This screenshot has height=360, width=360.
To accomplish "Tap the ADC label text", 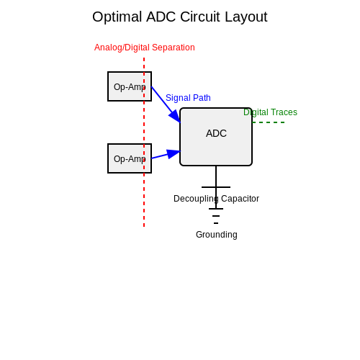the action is pyautogui.click(x=216, y=133).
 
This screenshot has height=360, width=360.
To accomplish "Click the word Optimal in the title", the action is pyautogui.click(x=117, y=17).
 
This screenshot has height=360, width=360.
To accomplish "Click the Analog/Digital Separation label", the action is pyautogui.click(x=145, y=48).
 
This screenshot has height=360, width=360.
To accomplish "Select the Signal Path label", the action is pyautogui.click(x=188, y=98).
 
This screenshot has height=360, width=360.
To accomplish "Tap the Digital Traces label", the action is pyautogui.click(x=270, y=112).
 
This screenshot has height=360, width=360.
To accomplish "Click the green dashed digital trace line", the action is pyautogui.click(x=269, y=122).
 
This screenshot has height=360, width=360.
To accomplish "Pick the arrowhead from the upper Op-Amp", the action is pyautogui.click(x=175, y=117).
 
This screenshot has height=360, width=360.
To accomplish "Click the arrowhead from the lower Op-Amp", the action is pyautogui.click(x=174, y=153).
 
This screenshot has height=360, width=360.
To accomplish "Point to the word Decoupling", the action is pyautogui.click(x=196, y=199).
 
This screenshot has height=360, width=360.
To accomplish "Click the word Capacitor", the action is pyautogui.click(x=240, y=199).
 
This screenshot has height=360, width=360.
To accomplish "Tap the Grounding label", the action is pyautogui.click(x=217, y=235).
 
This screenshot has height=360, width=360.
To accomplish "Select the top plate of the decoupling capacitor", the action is pyautogui.click(x=216, y=187).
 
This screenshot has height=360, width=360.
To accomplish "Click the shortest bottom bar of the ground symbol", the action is pyautogui.click(x=216, y=223).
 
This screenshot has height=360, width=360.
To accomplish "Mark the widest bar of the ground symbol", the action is pyautogui.click(x=216, y=209).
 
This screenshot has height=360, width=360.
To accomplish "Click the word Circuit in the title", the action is pyautogui.click(x=200, y=17).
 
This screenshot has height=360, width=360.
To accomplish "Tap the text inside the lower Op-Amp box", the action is pyautogui.click(x=130, y=159).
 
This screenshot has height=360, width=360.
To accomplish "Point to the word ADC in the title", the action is pyautogui.click(x=161, y=17).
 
